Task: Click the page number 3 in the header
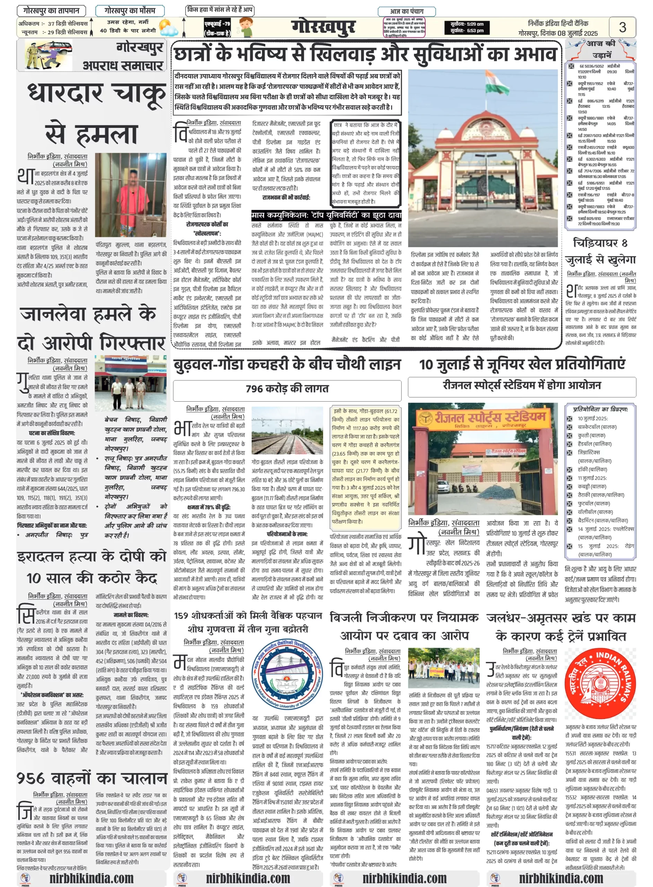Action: [x=622, y=27]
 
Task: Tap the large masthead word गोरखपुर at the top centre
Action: [x=323, y=27]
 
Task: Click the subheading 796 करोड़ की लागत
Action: [x=287, y=389]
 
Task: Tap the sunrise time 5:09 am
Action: [x=467, y=24]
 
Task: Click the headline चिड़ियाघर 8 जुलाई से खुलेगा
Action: [x=600, y=251]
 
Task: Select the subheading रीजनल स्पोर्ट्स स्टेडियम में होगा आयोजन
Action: [x=521, y=386]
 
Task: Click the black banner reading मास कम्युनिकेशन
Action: [x=326, y=215]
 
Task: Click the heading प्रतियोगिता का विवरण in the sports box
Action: [x=600, y=409]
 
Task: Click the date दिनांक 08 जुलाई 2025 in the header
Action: [x=569, y=33]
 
